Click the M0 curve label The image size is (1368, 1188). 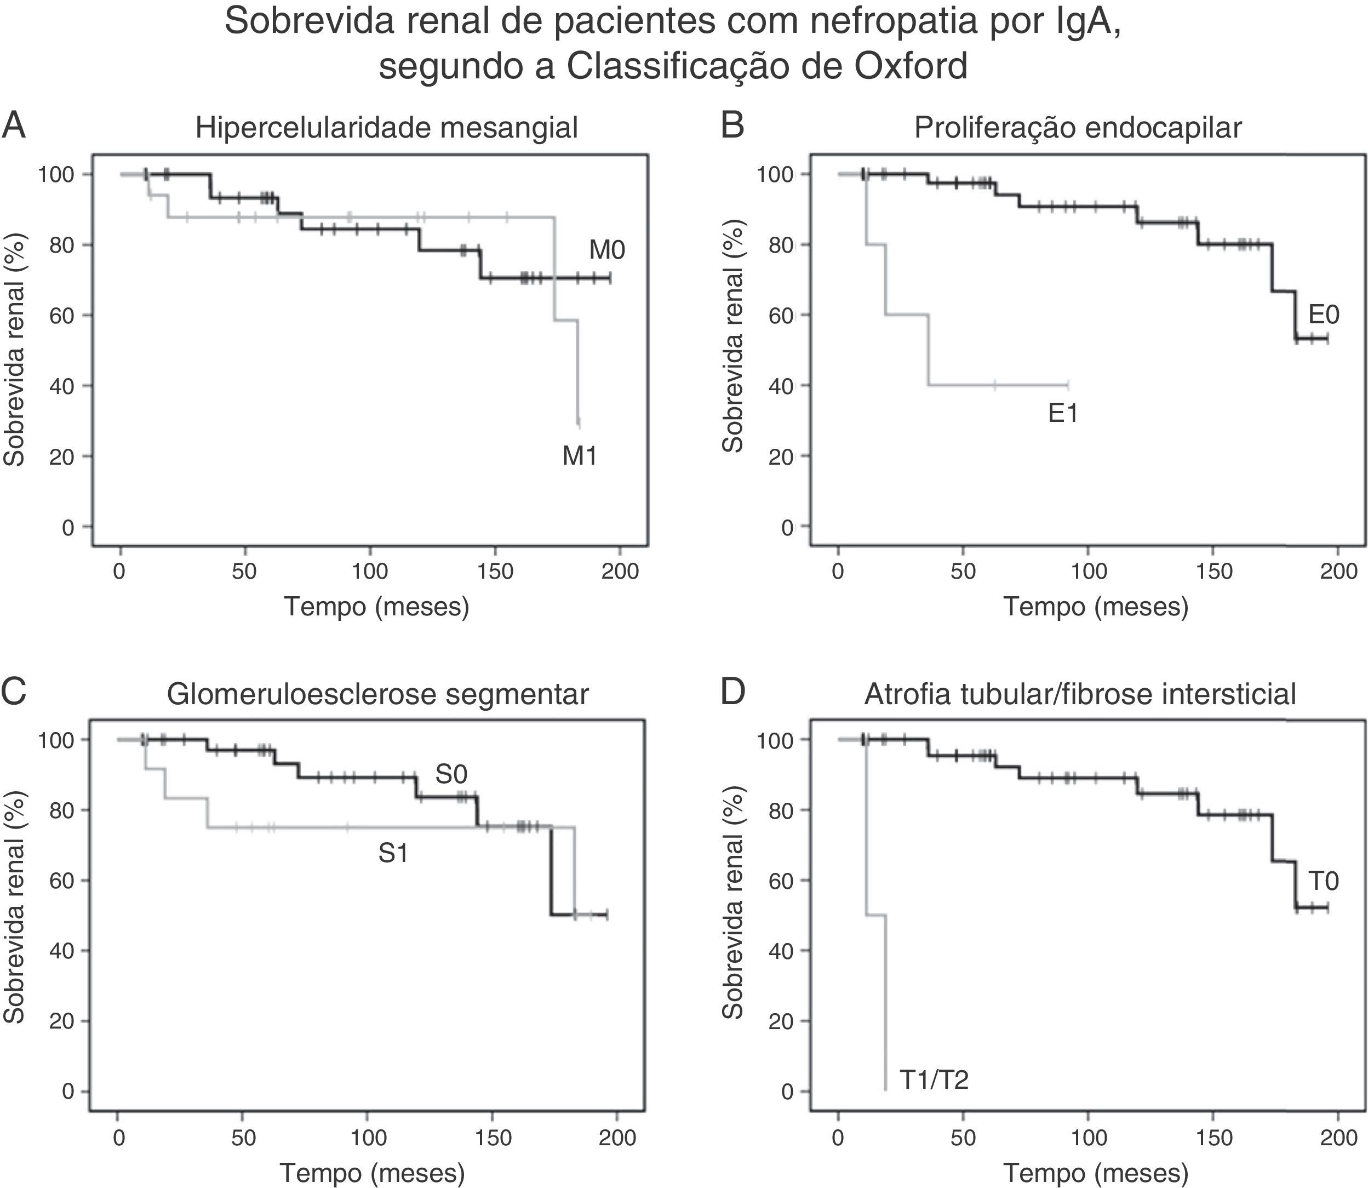coord(606,250)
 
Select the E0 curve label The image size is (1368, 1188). coord(1323,314)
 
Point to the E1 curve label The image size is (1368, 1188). coord(1062,414)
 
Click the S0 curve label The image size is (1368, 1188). coord(451,774)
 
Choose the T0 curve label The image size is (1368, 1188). coord(1323,881)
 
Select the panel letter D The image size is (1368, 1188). coord(732,692)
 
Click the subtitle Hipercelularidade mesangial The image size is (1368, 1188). coord(386,127)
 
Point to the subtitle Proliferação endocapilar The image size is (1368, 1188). coord(1078,127)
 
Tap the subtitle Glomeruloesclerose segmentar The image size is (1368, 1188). coord(378,694)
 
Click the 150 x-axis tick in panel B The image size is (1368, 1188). coord(1213,571)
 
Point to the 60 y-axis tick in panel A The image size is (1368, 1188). coord(62,315)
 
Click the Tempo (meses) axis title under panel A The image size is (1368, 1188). coord(376,606)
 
